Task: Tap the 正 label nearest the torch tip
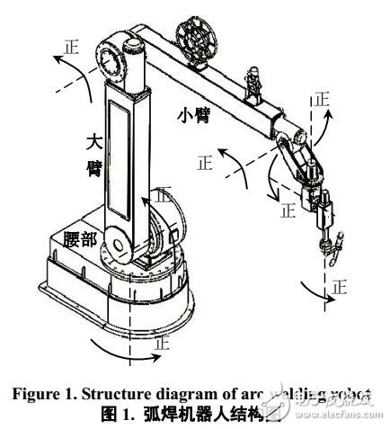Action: pyautogui.click(x=339, y=288)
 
